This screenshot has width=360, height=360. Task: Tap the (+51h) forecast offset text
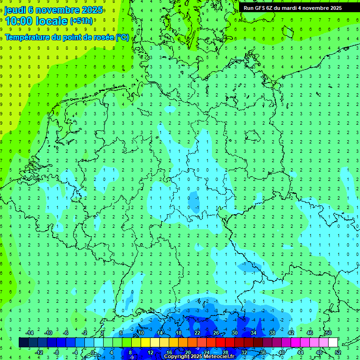pyautogui.click(x=82, y=21)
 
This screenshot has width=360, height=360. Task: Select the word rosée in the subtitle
pyautogui.click(x=103, y=37)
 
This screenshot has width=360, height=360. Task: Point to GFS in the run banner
pyautogui.click(x=260, y=8)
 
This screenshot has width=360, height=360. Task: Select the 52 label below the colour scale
pyautogui.click(x=338, y=352)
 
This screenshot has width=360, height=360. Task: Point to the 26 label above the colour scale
pyautogui.click(x=216, y=333)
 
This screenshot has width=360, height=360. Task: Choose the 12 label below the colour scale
pyautogui.click(x=150, y=352)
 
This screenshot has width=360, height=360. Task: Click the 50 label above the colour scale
pyautogui.click(x=329, y=333)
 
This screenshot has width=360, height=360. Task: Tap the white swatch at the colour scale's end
pyautogui.click(x=333, y=343)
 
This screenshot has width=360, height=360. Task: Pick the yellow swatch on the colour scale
pyautogui.click(x=146, y=343)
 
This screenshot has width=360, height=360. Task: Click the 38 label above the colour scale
pyautogui.click(x=272, y=333)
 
